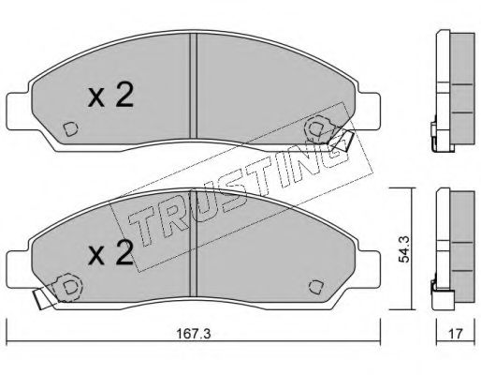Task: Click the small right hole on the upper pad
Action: tap(320, 124)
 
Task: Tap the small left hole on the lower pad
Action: tap(69, 282)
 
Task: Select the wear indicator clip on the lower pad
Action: tap(41, 302)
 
